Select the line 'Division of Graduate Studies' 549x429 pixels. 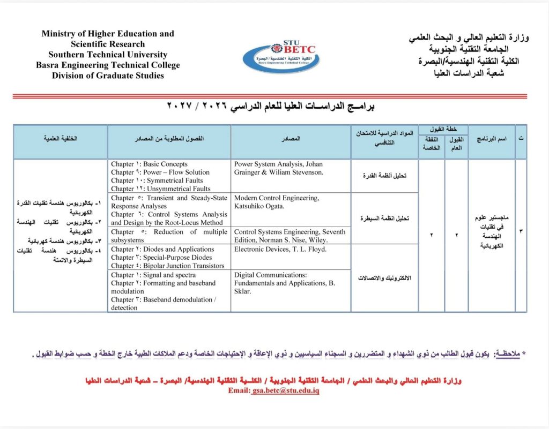tap(108, 76)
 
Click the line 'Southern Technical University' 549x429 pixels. tap(108, 55)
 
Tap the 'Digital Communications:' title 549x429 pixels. tap(270, 275)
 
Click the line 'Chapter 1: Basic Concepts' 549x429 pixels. tap(149, 164)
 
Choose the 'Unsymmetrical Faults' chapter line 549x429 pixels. tap(160, 189)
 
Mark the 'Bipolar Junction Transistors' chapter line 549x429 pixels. tap(167, 266)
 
